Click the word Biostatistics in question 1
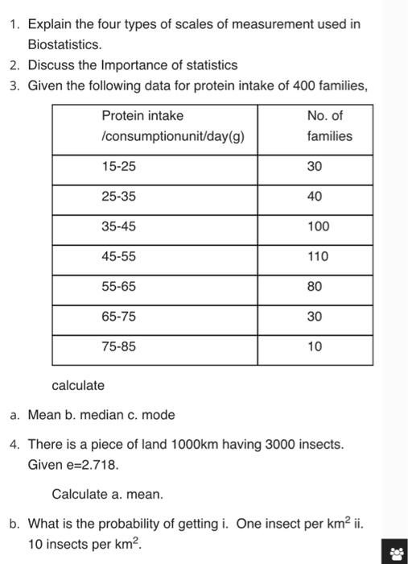(64, 44)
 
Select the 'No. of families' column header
(329, 126)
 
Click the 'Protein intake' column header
(142, 115)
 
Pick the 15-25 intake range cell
(119, 166)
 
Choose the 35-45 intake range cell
(119, 226)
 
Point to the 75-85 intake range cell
(119, 346)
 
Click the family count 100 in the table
(318, 226)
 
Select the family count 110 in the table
(318, 256)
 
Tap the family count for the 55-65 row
(315, 286)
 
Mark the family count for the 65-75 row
(315, 317)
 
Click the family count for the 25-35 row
(315, 197)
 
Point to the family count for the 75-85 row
(315, 346)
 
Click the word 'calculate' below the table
(78, 385)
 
